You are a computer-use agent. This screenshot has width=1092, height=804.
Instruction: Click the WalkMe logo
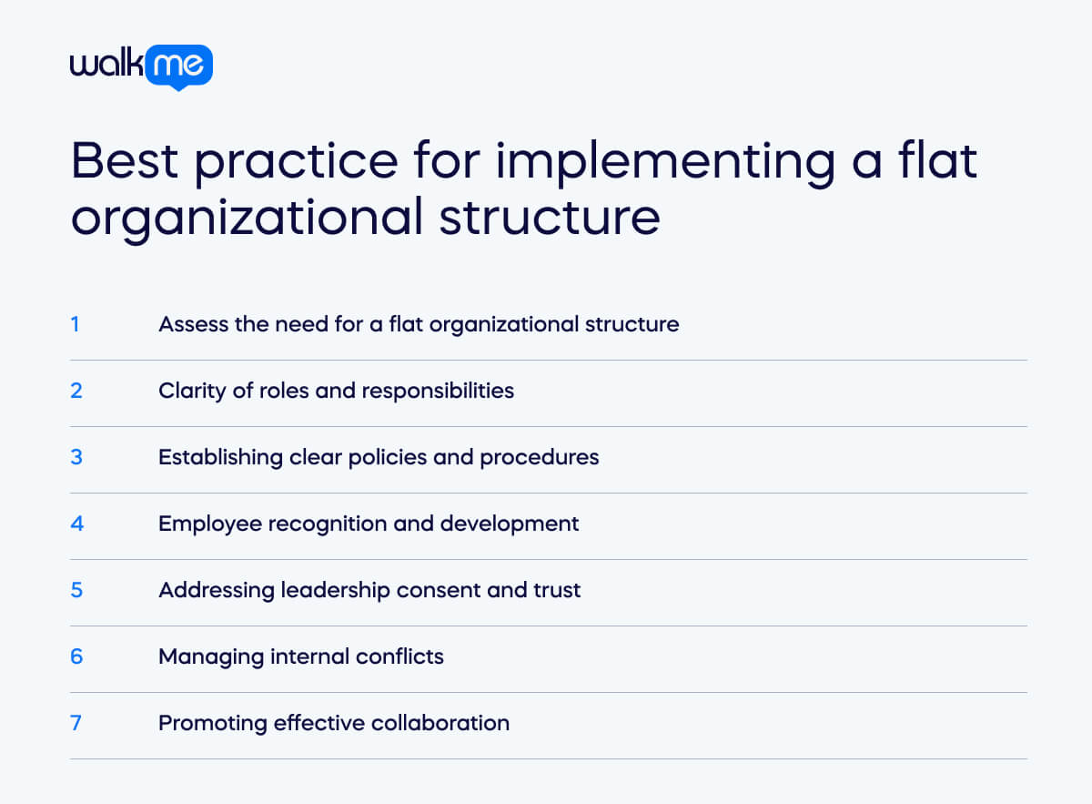click(x=141, y=66)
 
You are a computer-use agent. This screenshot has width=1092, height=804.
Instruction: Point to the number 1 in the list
click(x=75, y=323)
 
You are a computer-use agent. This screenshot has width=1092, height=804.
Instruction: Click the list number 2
click(x=76, y=390)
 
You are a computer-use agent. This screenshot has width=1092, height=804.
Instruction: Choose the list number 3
click(x=76, y=456)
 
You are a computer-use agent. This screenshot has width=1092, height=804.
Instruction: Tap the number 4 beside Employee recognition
click(x=76, y=523)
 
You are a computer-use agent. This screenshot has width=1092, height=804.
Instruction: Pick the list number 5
click(x=76, y=589)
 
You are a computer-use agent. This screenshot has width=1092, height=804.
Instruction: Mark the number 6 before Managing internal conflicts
click(x=76, y=656)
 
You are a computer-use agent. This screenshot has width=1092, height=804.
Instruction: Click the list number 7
click(x=76, y=722)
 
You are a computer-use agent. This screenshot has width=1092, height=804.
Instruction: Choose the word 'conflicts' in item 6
click(x=401, y=656)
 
